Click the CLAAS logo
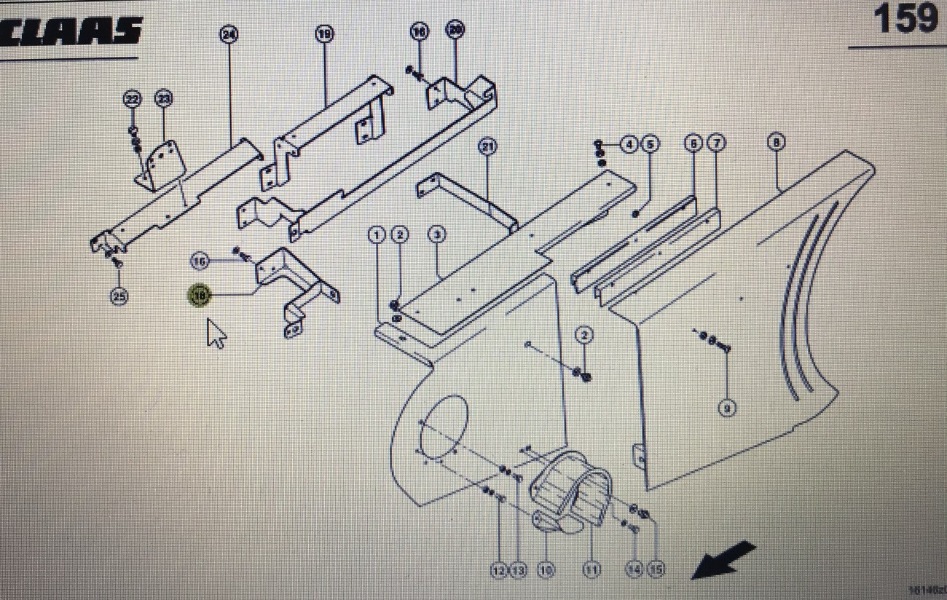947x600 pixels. click(x=71, y=31)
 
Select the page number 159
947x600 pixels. click(x=905, y=19)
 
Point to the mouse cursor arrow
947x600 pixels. click(x=216, y=333)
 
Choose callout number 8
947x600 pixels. click(x=777, y=143)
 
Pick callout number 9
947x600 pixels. click(x=727, y=408)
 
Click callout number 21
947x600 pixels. click(x=487, y=147)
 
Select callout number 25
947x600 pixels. click(x=119, y=296)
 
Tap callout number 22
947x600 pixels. click(x=132, y=98)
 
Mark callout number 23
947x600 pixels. click(x=163, y=98)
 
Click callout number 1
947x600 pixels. click(x=377, y=234)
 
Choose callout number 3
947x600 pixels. click(x=437, y=234)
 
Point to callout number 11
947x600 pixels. click(x=592, y=569)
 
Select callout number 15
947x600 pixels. click(x=656, y=569)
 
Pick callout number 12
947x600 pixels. click(x=498, y=569)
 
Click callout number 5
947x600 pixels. click(x=650, y=144)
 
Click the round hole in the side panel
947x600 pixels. click(x=445, y=428)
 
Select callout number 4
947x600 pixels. click(x=629, y=144)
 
